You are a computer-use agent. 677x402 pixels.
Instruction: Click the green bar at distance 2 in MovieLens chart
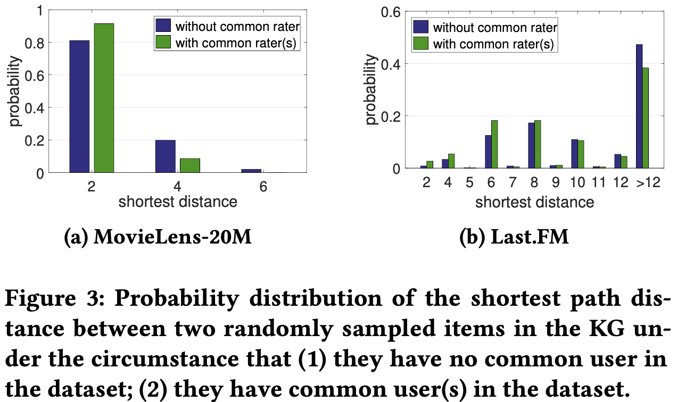[x=104, y=98]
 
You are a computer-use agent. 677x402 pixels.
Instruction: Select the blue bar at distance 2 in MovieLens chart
[x=79, y=106]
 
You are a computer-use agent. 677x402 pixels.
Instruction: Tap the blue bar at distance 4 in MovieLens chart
[x=165, y=156]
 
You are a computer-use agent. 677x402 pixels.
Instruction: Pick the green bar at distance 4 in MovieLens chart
[x=190, y=165]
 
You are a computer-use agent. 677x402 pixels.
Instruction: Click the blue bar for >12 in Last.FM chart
[x=639, y=106]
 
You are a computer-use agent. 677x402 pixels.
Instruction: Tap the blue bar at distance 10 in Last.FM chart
[x=574, y=154]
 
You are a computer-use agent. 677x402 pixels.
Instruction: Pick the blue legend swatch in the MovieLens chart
[x=163, y=26]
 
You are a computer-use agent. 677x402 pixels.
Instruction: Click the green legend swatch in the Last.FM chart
[x=421, y=44]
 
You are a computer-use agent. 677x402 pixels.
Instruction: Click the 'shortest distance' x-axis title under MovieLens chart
[x=177, y=202]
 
